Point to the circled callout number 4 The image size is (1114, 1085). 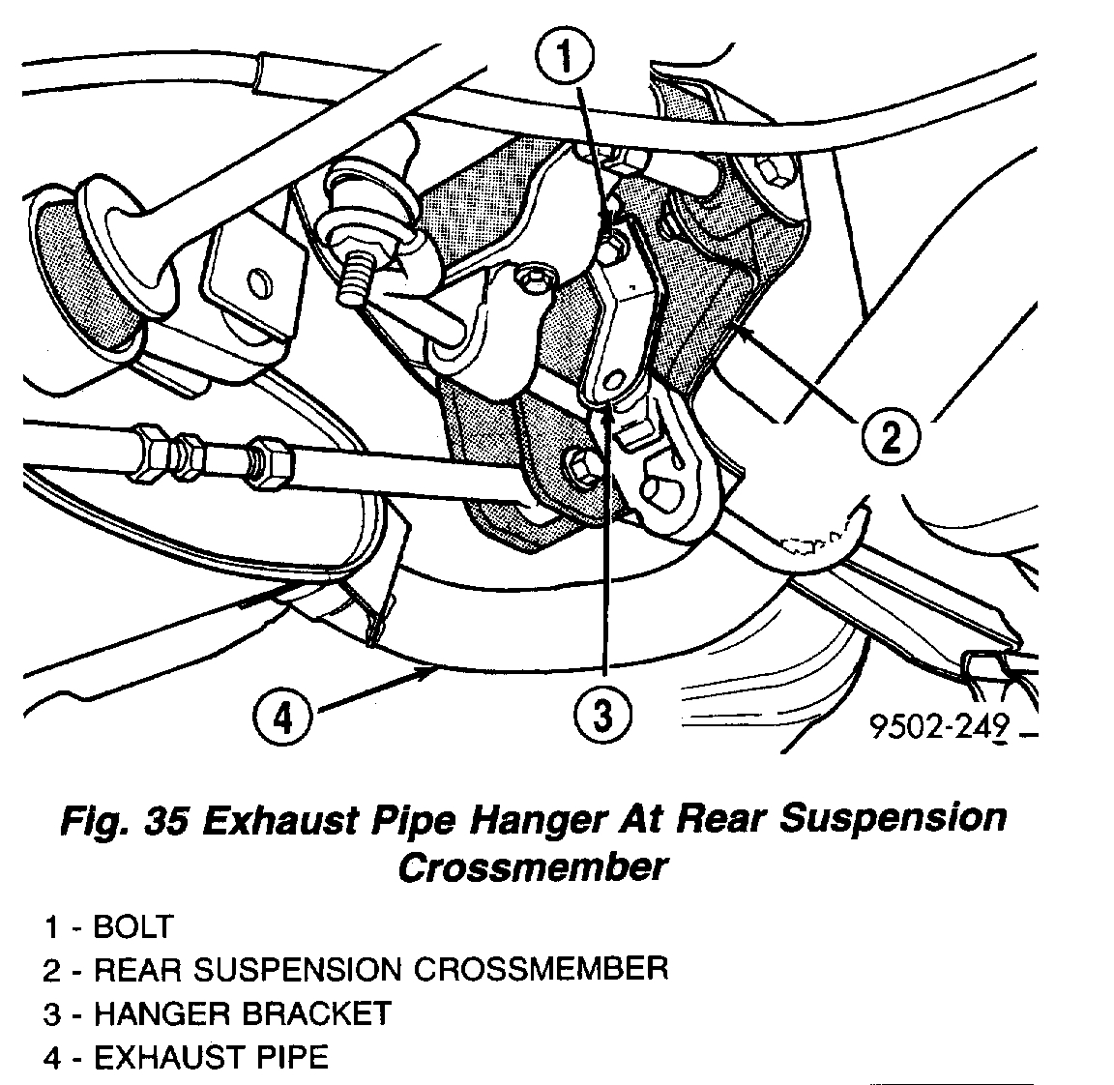click(x=281, y=717)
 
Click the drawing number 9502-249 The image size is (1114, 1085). click(x=940, y=727)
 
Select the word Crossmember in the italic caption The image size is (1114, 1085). click(x=532, y=866)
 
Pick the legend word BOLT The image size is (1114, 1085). click(x=132, y=927)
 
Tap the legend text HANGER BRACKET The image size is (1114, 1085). click(x=242, y=1013)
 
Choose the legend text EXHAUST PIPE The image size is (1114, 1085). click(x=211, y=1057)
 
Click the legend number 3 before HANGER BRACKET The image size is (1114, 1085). click(x=52, y=1013)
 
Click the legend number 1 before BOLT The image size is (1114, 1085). click(x=52, y=927)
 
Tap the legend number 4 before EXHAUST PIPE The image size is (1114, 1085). click(x=52, y=1057)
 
